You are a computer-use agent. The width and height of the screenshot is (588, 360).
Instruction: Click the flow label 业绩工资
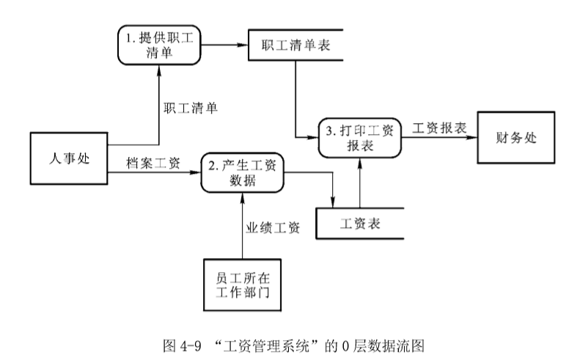[271, 228]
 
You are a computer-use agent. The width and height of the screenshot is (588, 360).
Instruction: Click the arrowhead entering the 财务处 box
[474, 137]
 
